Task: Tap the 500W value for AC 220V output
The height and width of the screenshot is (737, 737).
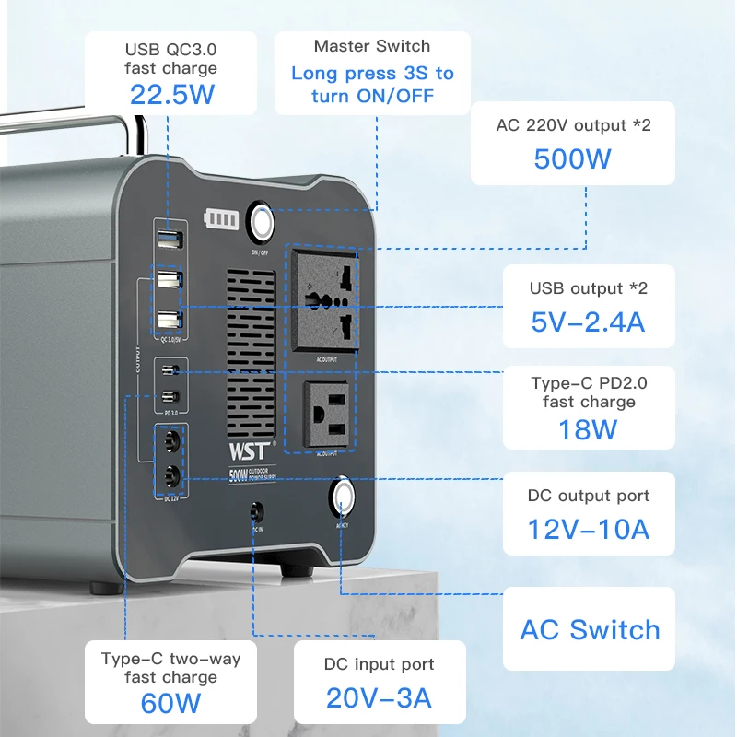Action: coord(572,158)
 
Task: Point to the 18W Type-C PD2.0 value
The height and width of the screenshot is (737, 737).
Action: coord(588,429)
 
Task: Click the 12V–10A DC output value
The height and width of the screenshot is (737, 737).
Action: coord(588,529)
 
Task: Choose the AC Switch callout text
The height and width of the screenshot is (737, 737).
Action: coord(590,630)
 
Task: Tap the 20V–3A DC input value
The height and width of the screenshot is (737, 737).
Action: coord(379,697)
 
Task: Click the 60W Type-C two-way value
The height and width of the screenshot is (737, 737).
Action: coord(170,703)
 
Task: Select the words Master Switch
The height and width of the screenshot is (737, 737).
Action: coord(372,46)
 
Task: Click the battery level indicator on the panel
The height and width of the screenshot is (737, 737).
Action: coord(220,221)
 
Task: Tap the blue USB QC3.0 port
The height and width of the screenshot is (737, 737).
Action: coord(169,240)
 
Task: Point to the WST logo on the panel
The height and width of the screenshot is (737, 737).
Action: coord(249,451)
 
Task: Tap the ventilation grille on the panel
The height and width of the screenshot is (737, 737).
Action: coord(251,354)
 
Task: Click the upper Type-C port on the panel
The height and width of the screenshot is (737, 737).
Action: coord(169,373)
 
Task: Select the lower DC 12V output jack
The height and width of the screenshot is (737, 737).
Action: coord(170,475)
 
